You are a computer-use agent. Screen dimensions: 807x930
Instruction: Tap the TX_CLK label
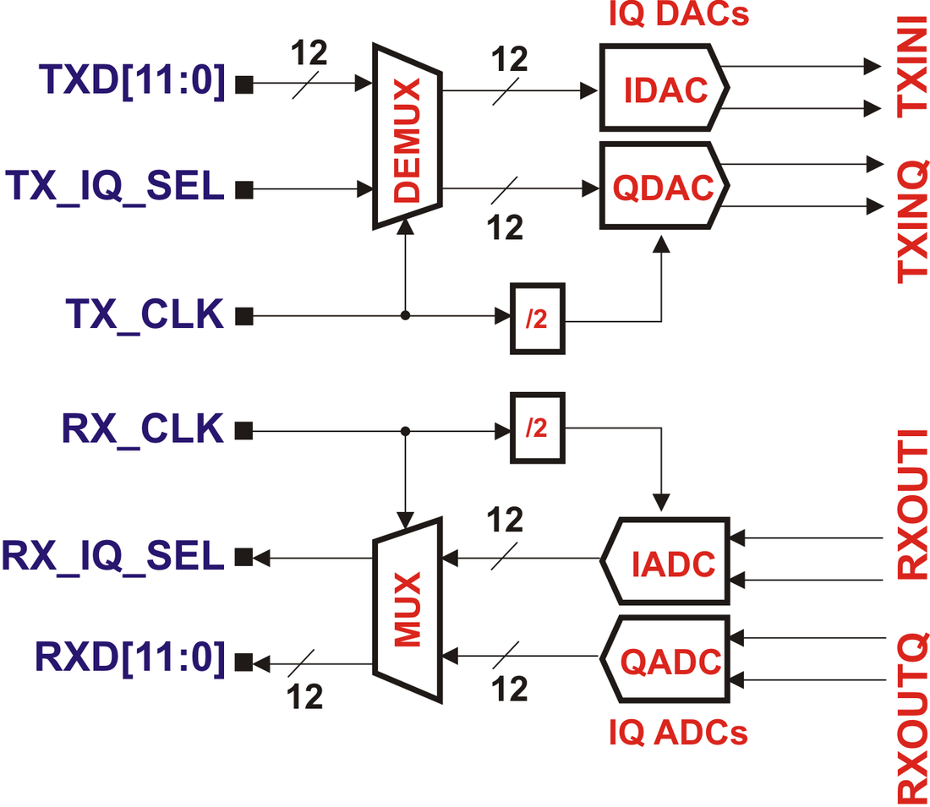(145, 315)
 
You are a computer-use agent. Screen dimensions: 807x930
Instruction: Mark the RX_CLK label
(142, 429)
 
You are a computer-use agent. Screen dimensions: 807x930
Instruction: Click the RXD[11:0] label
(130, 657)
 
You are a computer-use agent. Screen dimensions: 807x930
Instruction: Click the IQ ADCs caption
(678, 733)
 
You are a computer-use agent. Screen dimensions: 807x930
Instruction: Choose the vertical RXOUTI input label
(912, 504)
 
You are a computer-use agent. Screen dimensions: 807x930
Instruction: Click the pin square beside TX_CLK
(244, 317)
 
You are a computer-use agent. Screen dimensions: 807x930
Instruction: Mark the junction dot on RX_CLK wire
(406, 431)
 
